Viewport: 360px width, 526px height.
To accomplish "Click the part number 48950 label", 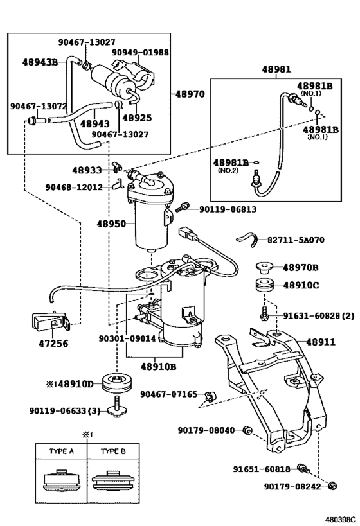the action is pos(111,224).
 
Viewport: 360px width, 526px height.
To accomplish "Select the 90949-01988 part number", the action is pos(140,53).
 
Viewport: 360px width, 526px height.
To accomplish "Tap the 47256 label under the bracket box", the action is pos(53,344).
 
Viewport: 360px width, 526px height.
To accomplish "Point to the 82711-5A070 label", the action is pos(296,240).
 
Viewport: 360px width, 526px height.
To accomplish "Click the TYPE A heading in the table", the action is pos(62,451).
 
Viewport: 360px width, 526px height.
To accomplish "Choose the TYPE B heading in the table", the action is pos(113,451).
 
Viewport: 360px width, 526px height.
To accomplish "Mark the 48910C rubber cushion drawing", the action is pos(265,285).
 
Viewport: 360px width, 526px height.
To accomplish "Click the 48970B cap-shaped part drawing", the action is pos(265,268).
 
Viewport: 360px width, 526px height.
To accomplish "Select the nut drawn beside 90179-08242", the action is pos(332,486).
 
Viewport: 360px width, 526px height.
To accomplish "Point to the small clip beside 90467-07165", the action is pos(211,396).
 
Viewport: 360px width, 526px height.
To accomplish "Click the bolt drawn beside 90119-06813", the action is pos(182,207).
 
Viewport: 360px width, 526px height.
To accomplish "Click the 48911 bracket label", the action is pos(320,342).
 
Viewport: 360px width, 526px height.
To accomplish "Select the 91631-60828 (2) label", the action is pos(319,316).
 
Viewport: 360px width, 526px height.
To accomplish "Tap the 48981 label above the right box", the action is pos(276,69).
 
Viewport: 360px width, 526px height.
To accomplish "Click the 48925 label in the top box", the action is pos(137,118).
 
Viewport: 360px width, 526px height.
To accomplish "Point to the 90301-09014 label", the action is pos(127,338).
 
